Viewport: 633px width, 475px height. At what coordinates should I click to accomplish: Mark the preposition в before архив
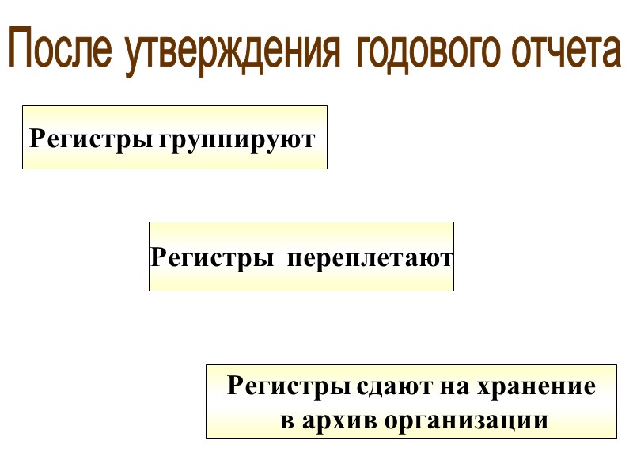(x=288, y=420)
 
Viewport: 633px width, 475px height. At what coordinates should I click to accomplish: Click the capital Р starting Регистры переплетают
(x=157, y=258)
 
